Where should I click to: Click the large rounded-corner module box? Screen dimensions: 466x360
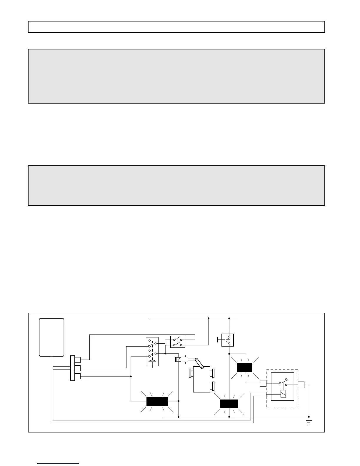[x=52, y=337]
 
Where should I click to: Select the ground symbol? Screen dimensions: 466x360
[x=309, y=422]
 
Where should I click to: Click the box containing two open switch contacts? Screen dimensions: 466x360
[x=178, y=342]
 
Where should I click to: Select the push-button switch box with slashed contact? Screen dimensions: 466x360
[x=228, y=340]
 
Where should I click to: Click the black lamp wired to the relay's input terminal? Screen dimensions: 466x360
[x=245, y=368]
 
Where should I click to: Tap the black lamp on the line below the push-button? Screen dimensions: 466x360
[x=229, y=404]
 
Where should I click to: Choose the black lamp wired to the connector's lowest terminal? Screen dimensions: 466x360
[x=157, y=401]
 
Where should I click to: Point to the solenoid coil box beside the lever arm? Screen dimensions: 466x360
[x=179, y=360]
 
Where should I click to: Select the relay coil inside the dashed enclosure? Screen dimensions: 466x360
[x=283, y=394]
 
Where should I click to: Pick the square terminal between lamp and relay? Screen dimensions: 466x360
[x=263, y=383]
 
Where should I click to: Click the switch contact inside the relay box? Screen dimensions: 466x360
[x=283, y=382]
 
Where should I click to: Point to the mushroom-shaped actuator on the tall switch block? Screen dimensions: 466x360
[x=152, y=362]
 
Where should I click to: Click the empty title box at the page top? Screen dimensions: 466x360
[x=176, y=27]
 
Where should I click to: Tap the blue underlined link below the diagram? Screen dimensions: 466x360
[x=59, y=463]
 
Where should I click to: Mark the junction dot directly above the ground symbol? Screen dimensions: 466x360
[x=309, y=417]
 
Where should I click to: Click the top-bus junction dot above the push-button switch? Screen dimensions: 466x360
[x=229, y=318]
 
